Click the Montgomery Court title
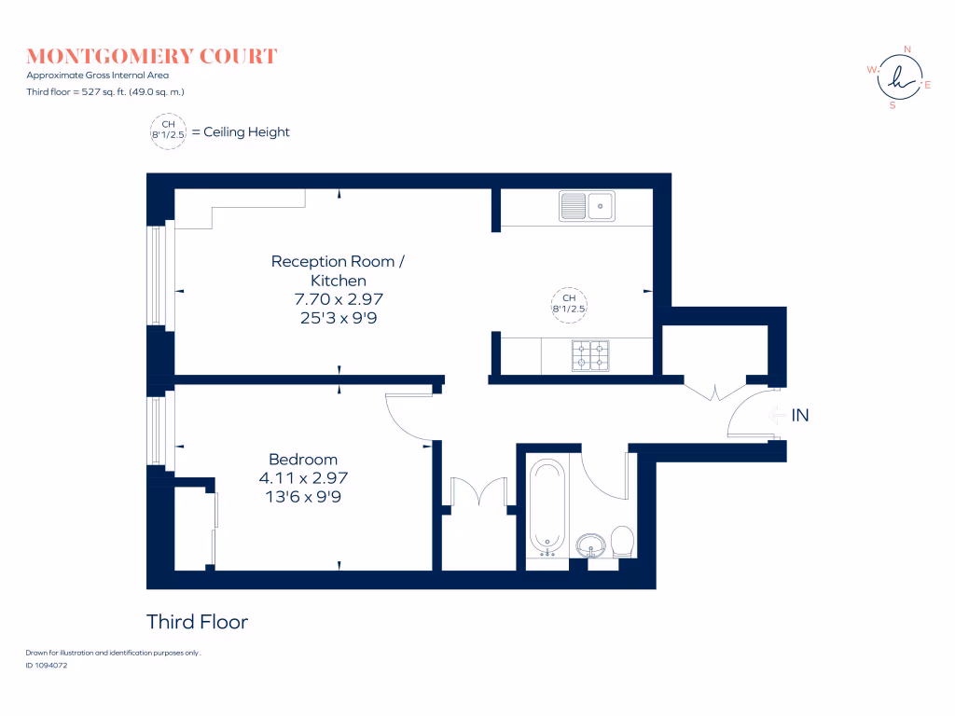(x=152, y=56)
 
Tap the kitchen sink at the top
(x=588, y=206)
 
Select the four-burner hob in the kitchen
(x=590, y=355)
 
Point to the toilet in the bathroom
(x=622, y=542)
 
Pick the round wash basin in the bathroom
(x=590, y=544)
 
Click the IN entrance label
(x=799, y=416)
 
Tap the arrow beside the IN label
(x=777, y=416)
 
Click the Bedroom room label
(x=303, y=459)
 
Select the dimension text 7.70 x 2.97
(x=339, y=299)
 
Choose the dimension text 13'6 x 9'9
(x=303, y=497)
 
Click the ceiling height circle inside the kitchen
(x=569, y=305)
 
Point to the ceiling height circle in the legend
(x=168, y=131)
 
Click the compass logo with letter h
(x=900, y=77)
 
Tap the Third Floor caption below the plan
(x=197, y=622)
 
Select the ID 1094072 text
(x=47, y=666)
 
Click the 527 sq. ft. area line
(x=104, y=92)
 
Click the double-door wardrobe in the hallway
(x=479, y=492)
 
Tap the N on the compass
(x=907, y=49)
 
